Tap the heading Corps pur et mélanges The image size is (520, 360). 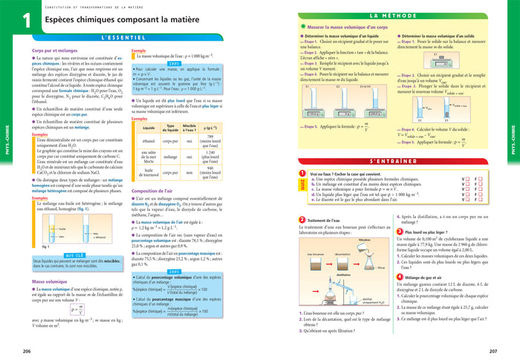[x=56, y=50]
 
